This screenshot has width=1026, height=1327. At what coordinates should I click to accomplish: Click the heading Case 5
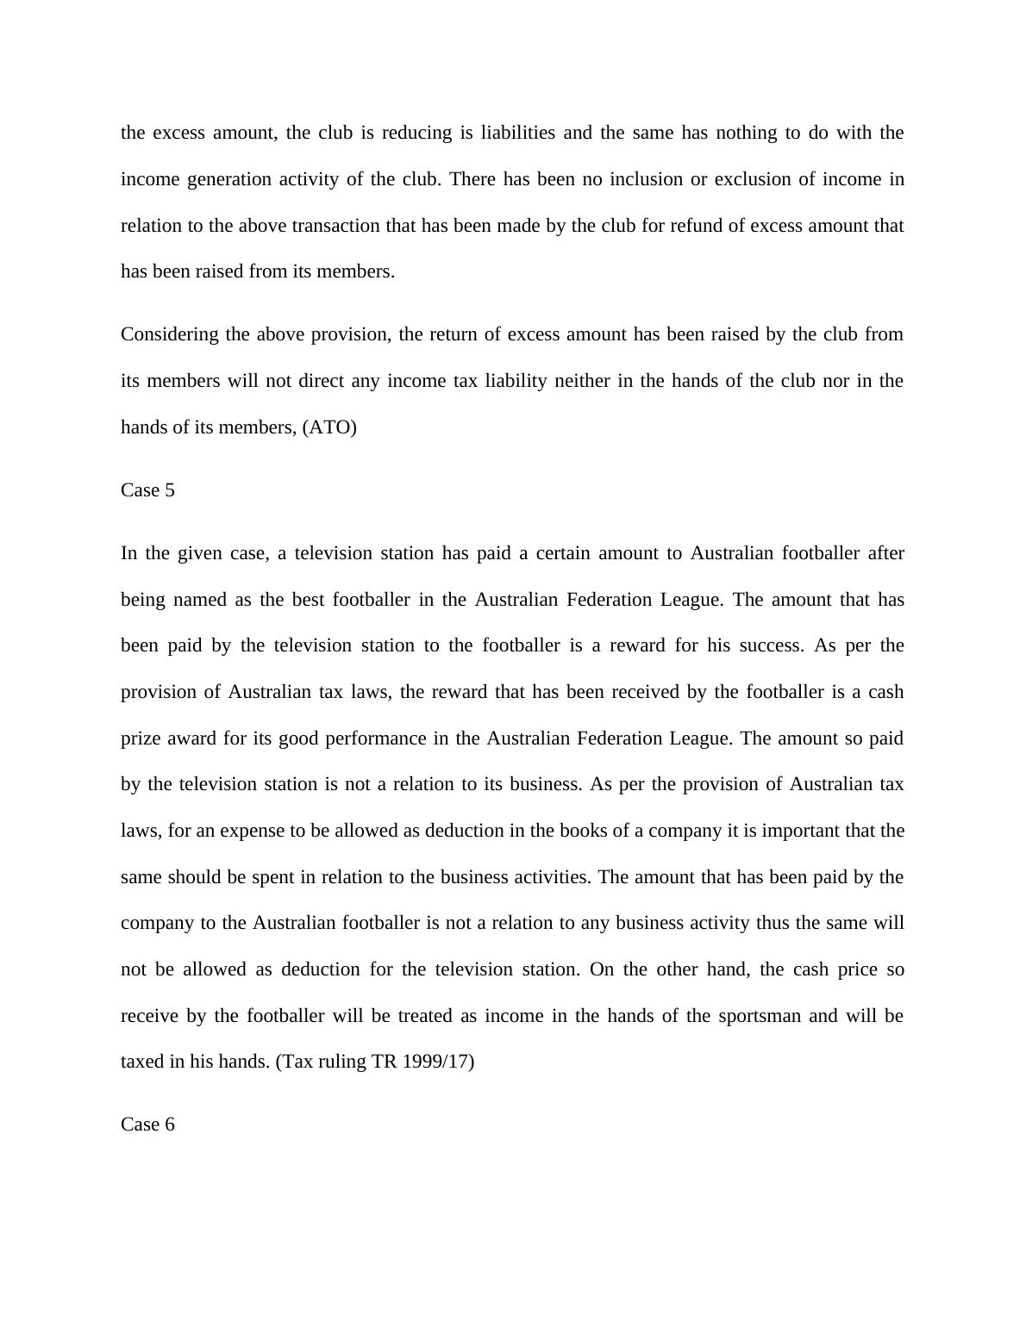(x=147, y=490)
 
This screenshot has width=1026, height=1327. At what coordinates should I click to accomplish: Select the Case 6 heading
(x=147, y=1125)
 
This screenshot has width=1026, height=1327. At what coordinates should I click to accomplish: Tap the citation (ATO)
(x=329, y=427)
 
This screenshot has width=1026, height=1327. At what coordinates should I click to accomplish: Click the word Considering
(x=170, y=334)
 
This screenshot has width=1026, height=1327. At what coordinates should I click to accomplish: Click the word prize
(x=141, y=738)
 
